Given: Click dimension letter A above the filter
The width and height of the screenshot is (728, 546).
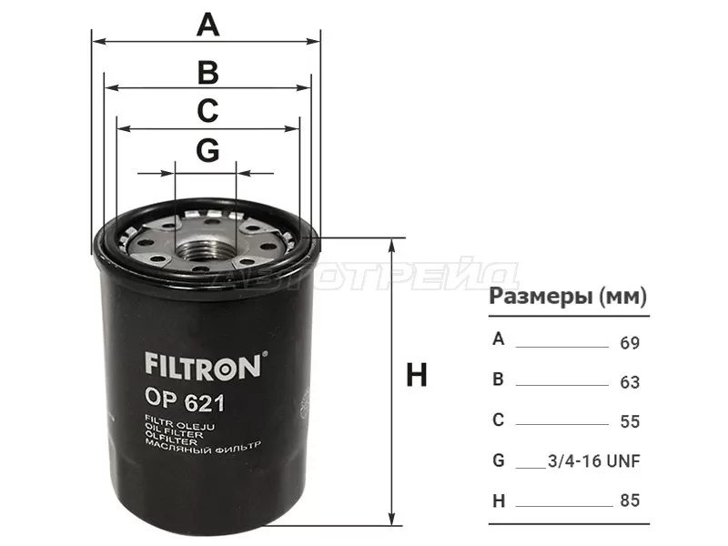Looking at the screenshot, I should coord(208,25).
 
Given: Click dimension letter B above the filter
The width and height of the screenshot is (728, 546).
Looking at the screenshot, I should coord(208,71).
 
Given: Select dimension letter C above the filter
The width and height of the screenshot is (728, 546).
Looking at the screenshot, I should coord(208,111).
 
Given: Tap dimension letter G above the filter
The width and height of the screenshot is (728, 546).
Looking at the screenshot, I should coord(208,152).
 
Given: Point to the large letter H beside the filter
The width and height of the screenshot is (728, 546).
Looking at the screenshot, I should coord(417,375).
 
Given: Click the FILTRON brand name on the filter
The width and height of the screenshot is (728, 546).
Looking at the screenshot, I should coord(204,366).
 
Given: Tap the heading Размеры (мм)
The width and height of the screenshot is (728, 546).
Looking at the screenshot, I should coord(568,297).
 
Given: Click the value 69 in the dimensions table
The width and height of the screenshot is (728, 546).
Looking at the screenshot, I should coord(630,344).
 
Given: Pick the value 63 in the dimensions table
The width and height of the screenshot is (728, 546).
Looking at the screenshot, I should coord(630,383).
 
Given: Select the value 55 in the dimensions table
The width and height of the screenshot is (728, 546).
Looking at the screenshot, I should coord(630,422).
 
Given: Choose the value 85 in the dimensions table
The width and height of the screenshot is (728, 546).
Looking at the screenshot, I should coord(630,500).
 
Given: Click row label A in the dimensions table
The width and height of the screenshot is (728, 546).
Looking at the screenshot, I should coord(498,339).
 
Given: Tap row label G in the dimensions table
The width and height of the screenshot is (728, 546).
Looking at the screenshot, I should coord(498,460).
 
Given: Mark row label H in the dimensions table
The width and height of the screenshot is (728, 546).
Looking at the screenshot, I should coord(498,500).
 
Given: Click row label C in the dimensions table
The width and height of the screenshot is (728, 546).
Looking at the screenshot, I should coord(498,420).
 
